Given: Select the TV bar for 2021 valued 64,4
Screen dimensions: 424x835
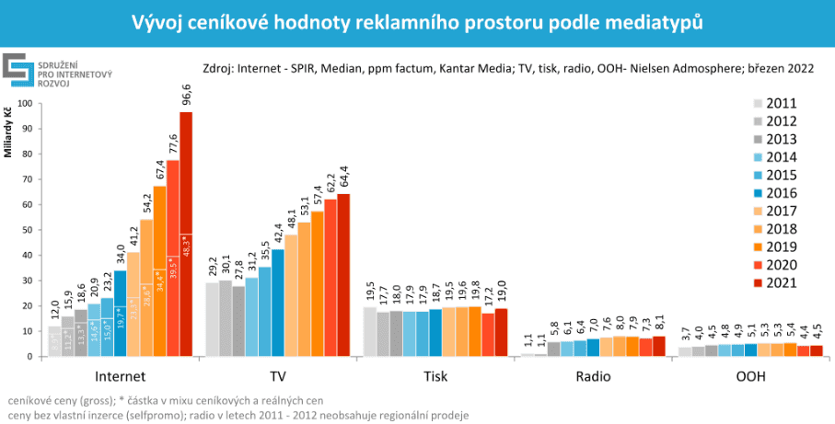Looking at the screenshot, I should [x=343, y=275].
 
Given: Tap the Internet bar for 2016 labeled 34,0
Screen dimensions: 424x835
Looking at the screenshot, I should [x=120, y=313].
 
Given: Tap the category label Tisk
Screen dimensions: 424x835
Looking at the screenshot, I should [x=436, y=377].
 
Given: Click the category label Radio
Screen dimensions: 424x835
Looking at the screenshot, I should [x=594, y=377].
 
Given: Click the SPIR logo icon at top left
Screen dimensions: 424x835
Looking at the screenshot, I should [x=17, y=70].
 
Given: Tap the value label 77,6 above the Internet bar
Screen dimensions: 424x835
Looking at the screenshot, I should [x=172, y=144].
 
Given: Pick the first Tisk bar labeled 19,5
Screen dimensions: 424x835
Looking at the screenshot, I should [x=370, y=331].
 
